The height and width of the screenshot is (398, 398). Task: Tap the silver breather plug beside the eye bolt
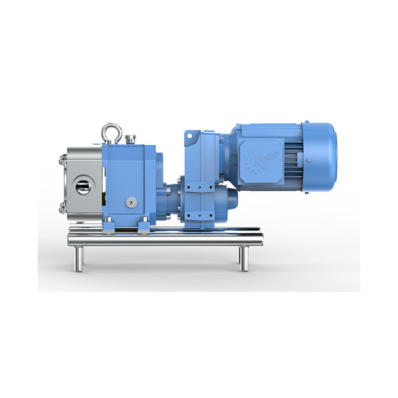coord(130,139)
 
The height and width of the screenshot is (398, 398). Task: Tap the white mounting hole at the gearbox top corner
coord(190,136)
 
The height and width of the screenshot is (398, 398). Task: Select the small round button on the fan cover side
coord(309,160)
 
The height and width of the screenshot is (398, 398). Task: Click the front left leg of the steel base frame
coord(78,259)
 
